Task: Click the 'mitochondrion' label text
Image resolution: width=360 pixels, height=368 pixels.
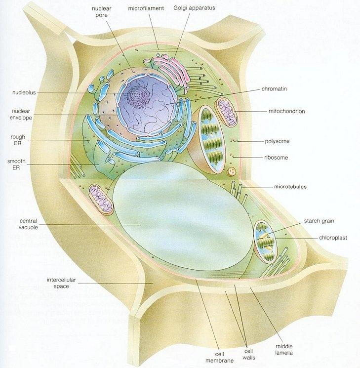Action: coord(286,111)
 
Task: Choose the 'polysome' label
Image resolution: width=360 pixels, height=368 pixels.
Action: coord(277,141)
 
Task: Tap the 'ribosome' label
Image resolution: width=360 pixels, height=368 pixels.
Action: coord(276,158)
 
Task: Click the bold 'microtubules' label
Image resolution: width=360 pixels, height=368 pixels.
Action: coord(290,187)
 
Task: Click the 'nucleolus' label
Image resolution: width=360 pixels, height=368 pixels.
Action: coord(25,92)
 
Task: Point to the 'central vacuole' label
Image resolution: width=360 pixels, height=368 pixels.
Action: coord(29,224)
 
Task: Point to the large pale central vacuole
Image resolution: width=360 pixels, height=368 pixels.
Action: coord(178,217)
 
